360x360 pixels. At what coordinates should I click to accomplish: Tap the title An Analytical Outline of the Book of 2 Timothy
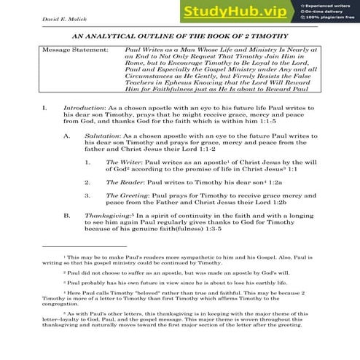[x=179, y=36]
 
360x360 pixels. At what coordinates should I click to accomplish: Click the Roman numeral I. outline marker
[x=45, y=106]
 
